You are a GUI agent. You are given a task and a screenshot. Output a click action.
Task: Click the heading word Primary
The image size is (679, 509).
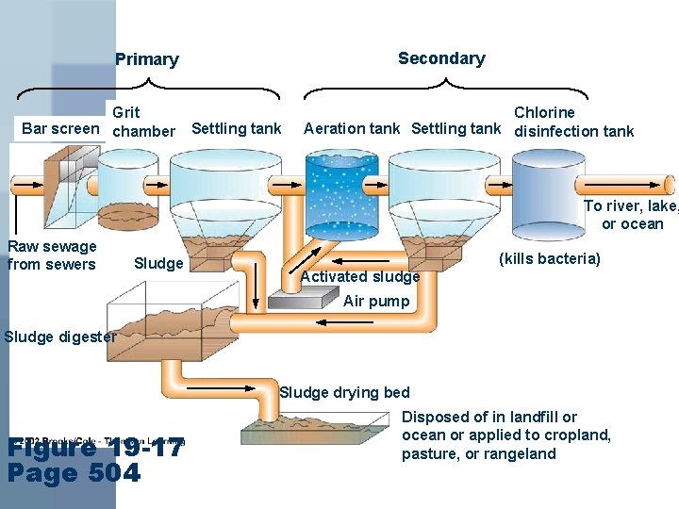[146, 59]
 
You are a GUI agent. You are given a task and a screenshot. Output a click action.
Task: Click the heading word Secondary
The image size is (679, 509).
[441, 58]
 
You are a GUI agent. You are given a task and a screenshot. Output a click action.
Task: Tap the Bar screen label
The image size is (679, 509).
[60, 128]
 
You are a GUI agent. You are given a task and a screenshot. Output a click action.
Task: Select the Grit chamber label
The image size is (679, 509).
[143, 122]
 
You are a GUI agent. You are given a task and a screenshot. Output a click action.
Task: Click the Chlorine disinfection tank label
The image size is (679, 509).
[573, 122]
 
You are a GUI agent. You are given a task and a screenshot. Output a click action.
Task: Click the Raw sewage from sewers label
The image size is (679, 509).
[52, 255]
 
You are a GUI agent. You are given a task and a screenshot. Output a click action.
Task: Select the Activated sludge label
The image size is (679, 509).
[359, 276]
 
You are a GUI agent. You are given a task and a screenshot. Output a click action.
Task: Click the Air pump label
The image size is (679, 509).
[376, 302]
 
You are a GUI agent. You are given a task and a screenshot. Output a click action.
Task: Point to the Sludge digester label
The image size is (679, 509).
[58, 337]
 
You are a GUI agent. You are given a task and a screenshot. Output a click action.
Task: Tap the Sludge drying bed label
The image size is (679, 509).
[344, 392]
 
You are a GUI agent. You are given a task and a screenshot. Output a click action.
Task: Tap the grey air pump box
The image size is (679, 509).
[304, 299]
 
